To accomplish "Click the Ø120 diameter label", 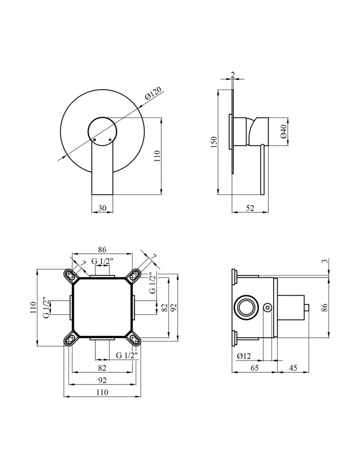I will click(x=154, y=94).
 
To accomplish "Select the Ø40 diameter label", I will click(x=283, y=133).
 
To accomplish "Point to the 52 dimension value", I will click(x=250, y=209).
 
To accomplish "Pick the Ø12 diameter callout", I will click(x=244, y=356).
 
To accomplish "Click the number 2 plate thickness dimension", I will click(x=233, y=74).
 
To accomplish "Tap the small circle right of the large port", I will click(x=268, y=307).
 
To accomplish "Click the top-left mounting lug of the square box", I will click(x=70, y=276).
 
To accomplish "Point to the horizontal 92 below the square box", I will click(x=102, y=380).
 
